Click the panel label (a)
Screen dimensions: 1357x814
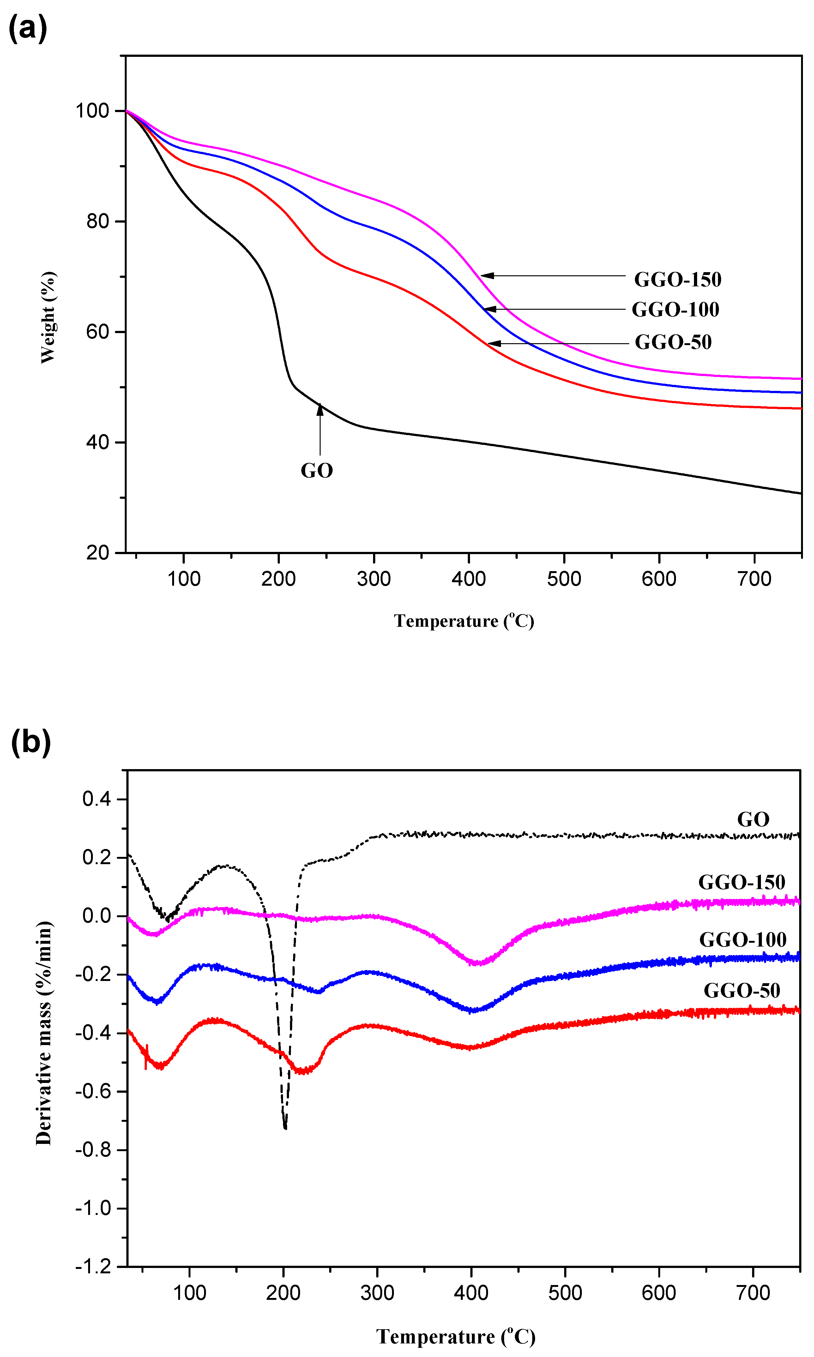27,28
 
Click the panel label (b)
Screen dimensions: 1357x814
31,743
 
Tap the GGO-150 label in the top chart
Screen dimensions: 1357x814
678,280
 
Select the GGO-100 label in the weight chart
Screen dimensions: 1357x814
675,310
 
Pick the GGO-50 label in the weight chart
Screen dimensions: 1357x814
673,342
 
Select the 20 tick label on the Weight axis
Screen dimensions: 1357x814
98,553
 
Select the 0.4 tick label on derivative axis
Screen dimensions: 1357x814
97,799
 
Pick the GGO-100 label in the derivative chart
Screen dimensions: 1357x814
743,940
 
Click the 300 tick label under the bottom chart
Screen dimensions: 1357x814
377,1294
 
